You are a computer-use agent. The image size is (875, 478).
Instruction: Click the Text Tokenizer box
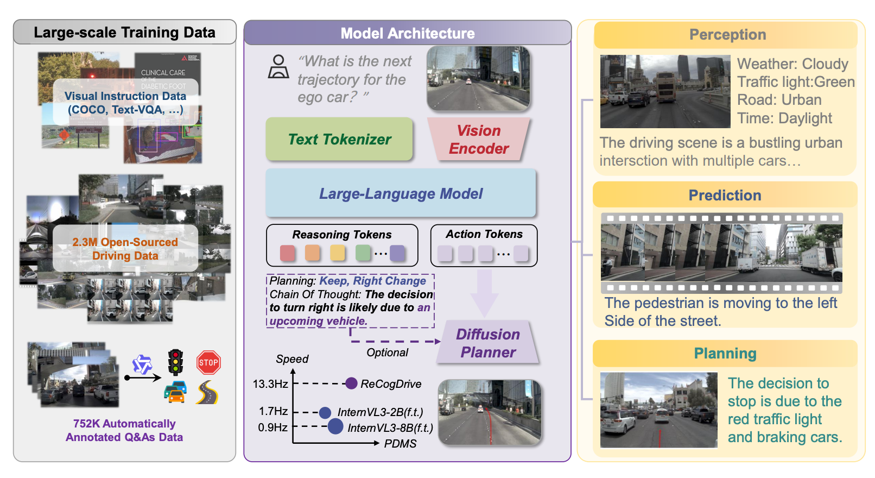[x=339, y=139]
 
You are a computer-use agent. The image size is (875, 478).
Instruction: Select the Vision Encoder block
[x=478, y=140]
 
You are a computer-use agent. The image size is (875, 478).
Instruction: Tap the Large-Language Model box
[x=401, y=193]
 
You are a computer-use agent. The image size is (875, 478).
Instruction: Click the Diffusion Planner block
[x=487, y=343]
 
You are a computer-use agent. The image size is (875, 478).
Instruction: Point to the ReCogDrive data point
[x=351, y=383]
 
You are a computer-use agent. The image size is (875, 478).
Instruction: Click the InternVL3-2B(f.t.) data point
[x=325, y=412]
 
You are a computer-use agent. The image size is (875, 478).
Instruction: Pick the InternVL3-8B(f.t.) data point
[x=335, y=426]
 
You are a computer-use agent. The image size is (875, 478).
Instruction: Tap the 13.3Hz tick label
[x=270, y=384]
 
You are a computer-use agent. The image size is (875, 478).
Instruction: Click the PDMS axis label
[x=400, y=444]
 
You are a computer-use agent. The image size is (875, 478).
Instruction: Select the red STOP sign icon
[x=208, y=362]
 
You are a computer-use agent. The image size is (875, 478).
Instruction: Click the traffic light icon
[x=175, y=362]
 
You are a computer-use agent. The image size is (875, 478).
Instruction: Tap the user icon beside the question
[x=278, y=67]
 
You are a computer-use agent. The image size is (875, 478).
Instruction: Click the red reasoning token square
[x=288, y=253]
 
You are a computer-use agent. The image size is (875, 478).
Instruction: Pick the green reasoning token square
[x=363, y=253]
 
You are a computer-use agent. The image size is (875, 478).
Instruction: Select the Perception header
[x=727, y=35]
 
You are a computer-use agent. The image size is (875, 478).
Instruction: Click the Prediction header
[x=725, y=196]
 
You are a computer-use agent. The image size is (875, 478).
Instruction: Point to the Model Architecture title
[x=407, y=34]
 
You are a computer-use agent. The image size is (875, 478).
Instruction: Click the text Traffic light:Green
[x=796, y=82]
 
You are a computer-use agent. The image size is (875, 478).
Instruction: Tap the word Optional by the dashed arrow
[x=387, y=353]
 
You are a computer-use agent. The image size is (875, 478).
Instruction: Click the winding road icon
[x=207, y=392]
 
